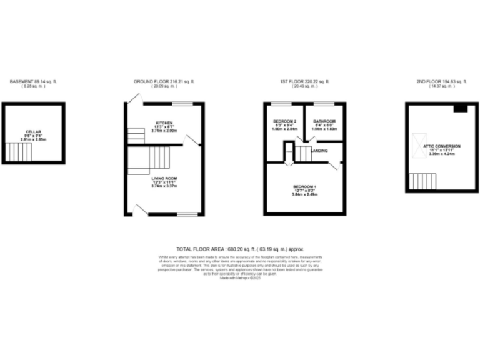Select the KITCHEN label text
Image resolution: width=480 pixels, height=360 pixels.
tap(164, 122)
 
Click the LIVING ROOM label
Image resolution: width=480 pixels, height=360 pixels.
tap(165, 178)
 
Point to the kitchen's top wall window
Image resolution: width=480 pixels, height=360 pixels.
tap(182, 103)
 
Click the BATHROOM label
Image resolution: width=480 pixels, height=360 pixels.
tap(324, 121)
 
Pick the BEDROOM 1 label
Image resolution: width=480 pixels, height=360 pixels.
tap(305, 187)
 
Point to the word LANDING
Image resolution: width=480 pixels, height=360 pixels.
tap(320, 151)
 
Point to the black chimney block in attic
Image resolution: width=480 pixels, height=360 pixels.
tap(461, 108)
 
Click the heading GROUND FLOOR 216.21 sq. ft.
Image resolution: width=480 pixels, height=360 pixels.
tap(164, 82)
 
